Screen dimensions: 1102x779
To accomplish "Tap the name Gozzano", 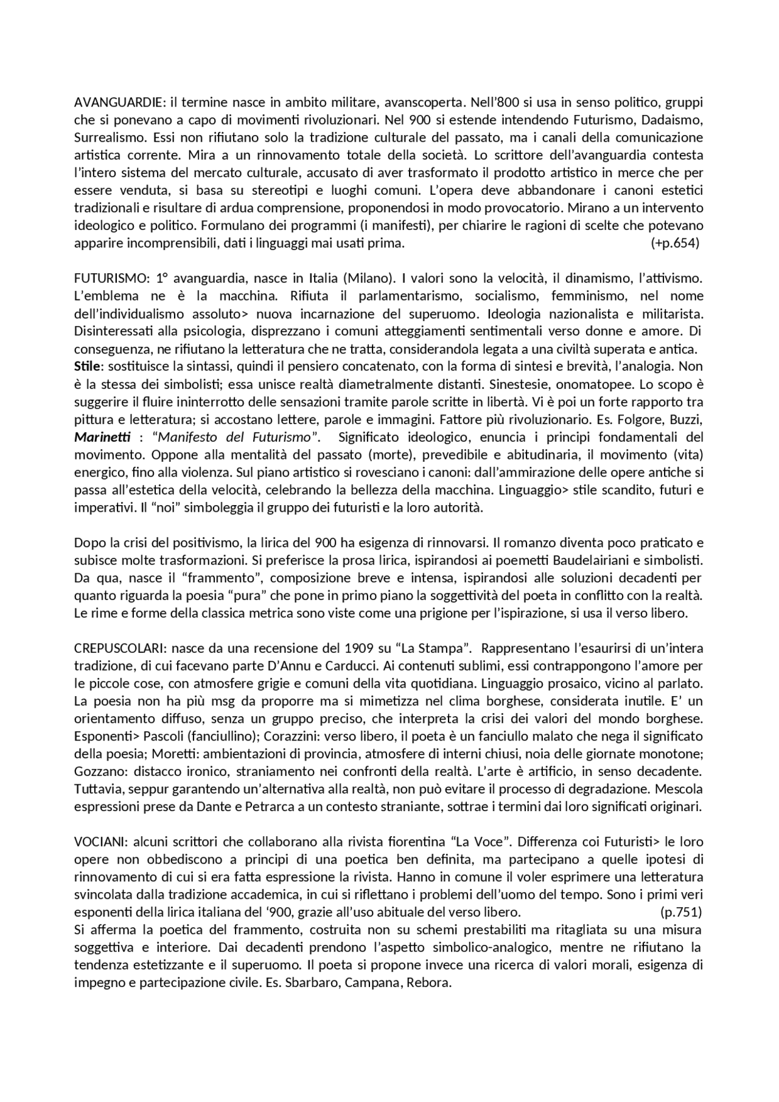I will [x=96, y=772].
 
